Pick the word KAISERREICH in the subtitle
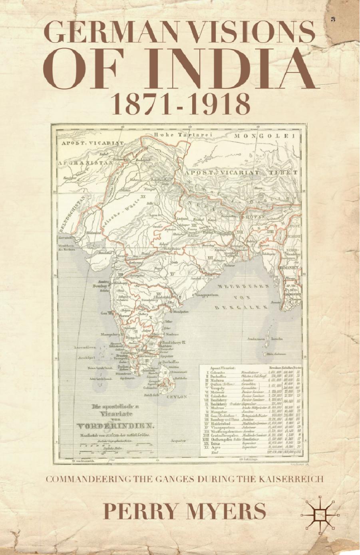click(x=293, y=479)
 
